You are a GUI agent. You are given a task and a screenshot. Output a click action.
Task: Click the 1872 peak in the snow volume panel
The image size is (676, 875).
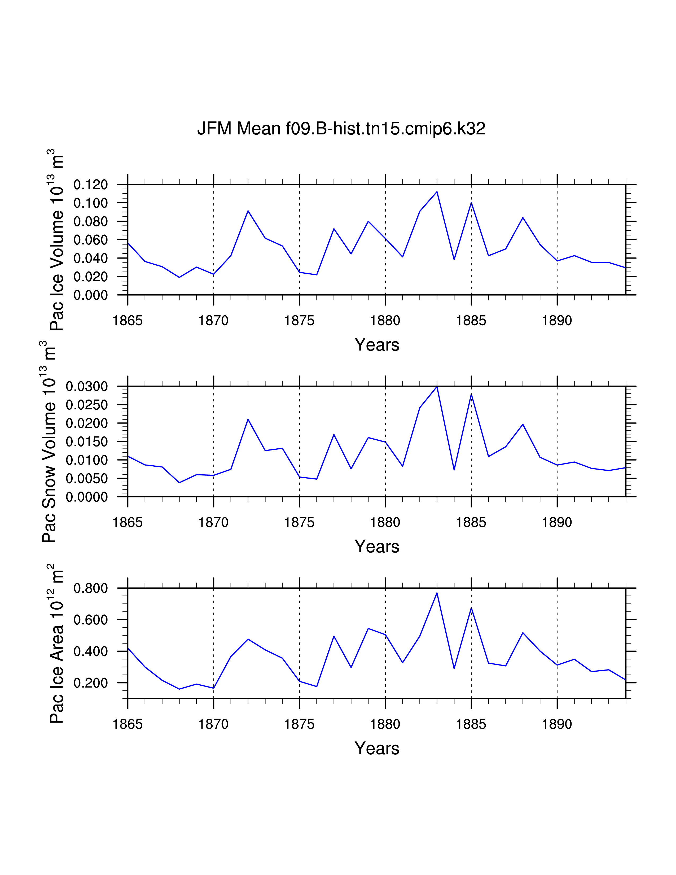tap(248, 419)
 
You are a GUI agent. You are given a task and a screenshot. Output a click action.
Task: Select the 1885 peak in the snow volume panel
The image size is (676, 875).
tap(471, 394)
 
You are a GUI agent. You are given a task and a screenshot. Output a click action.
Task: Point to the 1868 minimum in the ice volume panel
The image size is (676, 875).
tap(179, 277)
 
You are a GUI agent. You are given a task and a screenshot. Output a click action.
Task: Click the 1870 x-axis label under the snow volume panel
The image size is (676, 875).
tap(213, 522)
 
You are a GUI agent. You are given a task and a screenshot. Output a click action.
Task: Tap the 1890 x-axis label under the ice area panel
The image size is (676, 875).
tap(557, 724)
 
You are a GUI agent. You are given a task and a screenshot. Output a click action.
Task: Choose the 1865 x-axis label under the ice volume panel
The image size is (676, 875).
tap(128, 321)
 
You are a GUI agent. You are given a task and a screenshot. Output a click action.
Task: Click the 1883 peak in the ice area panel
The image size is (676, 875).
tap(437, 593)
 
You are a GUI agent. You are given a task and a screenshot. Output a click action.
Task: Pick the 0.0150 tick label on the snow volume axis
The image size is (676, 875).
tap(87, 442)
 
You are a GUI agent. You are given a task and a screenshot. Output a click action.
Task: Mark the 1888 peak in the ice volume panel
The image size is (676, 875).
tap(523, 217)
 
